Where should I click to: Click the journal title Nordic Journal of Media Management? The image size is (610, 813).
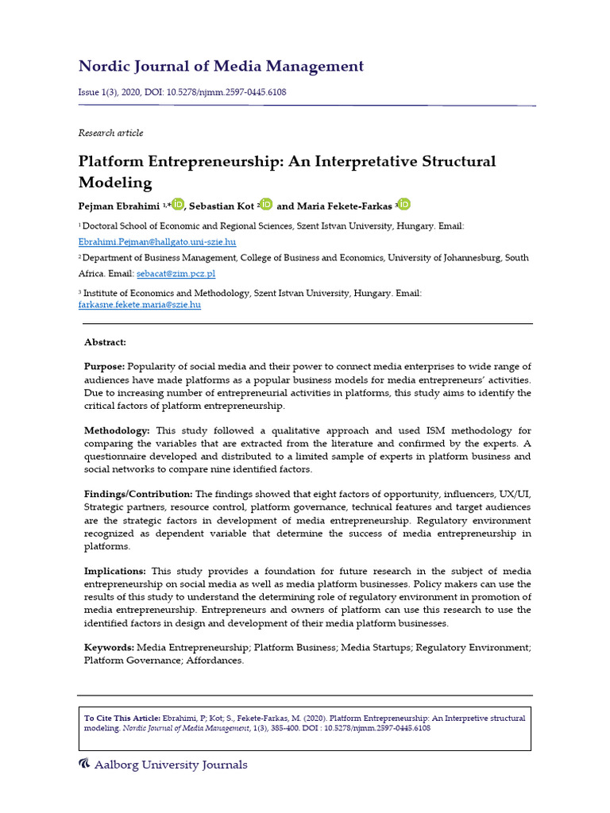[x=221, y=67]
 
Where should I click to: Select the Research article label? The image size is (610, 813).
[x=110, y=133]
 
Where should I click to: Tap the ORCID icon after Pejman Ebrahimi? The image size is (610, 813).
[x=178, y=204]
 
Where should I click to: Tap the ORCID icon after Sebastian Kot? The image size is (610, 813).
[x=266, y=204]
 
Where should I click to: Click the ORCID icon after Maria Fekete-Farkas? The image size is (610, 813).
[x=405, y=204]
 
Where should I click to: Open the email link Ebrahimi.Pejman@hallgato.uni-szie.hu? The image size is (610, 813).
[x=157, y=241]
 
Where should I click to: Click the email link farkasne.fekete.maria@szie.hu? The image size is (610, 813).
[x=139, y=304]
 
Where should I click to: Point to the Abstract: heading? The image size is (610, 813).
[x=106, y=342]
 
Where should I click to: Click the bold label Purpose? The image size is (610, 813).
[x=104, y=366]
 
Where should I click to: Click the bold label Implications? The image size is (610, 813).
[x=115, y=571]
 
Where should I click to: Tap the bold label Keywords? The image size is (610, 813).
[x=110, y=648]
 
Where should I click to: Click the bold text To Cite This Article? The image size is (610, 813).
[x=122, y=719]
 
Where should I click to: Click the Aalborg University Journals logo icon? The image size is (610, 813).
[x=84, y=765]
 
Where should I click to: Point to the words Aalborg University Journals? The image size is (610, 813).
[x=171, y=765]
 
